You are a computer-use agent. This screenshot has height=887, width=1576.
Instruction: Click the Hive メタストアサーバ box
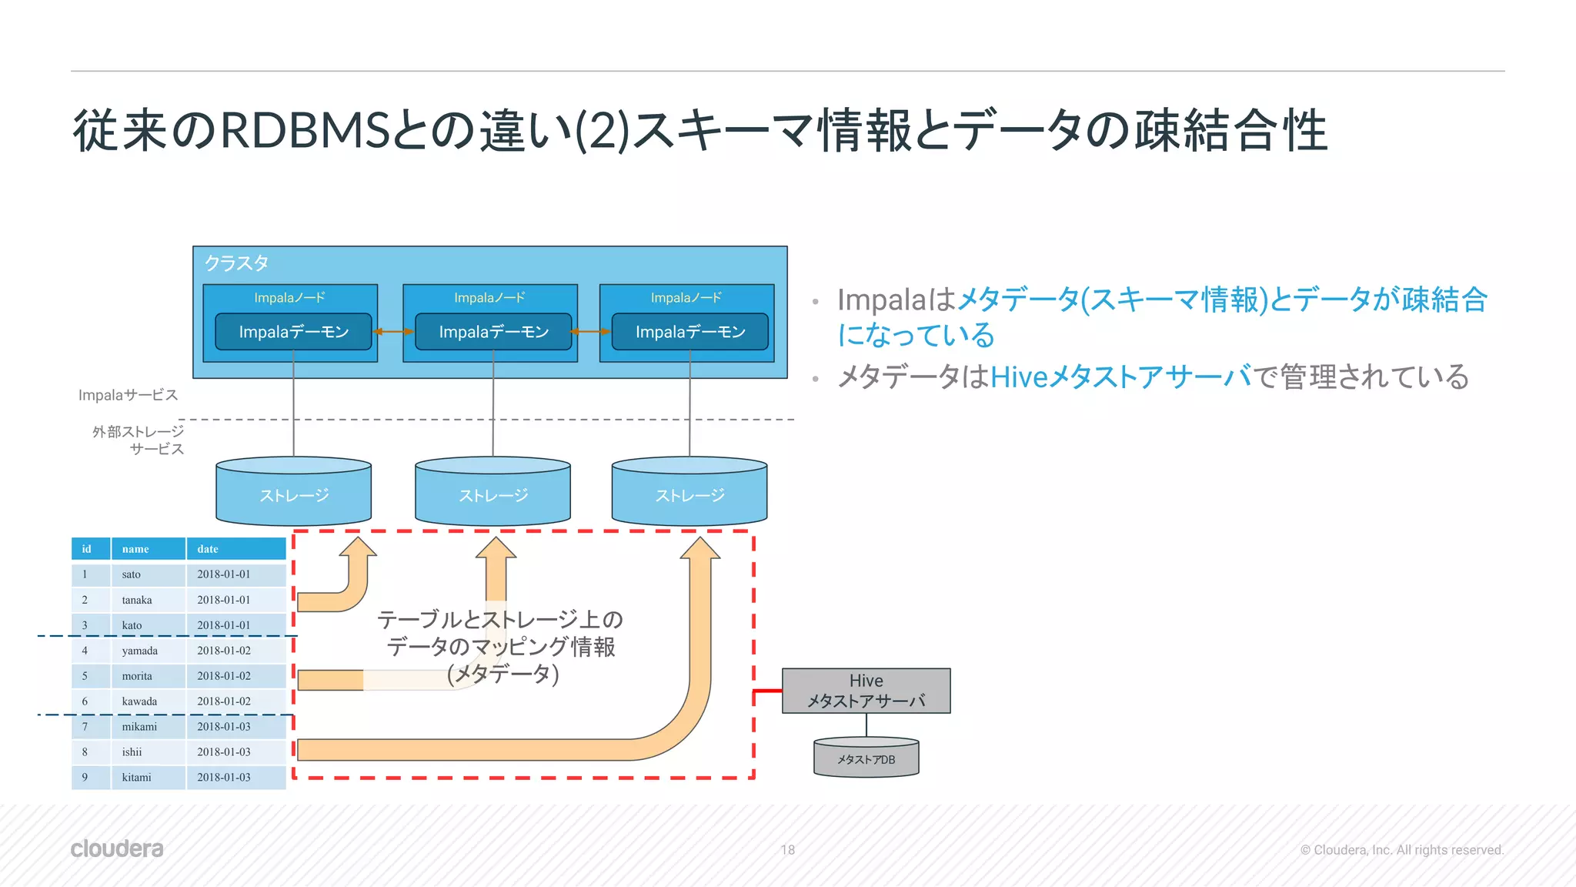(x=866, y=691)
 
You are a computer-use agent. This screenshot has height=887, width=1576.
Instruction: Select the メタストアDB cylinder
(x=866, y=758)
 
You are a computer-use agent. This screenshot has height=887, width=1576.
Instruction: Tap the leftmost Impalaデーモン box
(x=293, y=332)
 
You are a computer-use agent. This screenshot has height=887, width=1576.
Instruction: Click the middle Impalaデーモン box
(x=493, y=332)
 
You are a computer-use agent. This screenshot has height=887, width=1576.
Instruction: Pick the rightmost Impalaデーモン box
(x=689, y=332)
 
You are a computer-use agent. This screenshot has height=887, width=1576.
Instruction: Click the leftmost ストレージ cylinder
(x=293, y=493)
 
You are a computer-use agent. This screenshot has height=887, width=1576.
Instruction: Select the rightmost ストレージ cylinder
(x=689, y=493)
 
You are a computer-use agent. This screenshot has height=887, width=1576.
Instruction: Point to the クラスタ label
(x=236, y=263)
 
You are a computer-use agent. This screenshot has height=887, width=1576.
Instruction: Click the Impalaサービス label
(x=128, y=395)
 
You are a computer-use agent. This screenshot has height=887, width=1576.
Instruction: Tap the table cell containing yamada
(x=139, y=651)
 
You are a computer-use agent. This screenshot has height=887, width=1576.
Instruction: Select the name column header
(x=135, y=549)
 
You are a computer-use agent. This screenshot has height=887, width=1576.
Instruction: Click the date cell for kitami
(x=224, y=778)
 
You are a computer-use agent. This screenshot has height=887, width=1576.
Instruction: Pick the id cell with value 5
(x=85, y=676)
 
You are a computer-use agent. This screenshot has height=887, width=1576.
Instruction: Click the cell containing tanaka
(x=137, y=600)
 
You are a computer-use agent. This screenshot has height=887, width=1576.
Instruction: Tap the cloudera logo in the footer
(x=117, y=849)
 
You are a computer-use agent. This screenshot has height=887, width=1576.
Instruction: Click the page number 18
(x=787, y=850)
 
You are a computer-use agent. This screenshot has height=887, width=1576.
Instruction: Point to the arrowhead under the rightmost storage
(x=700, y=548)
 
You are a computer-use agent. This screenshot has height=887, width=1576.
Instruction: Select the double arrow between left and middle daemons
(x=393, y=332)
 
